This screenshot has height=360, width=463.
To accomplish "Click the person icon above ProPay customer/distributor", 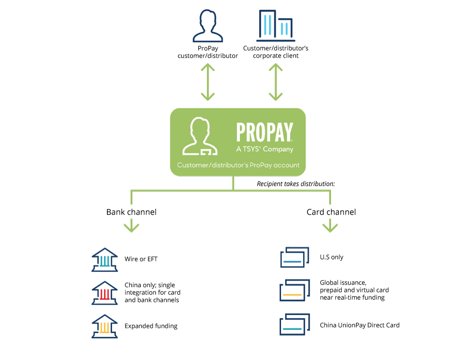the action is point(207,26).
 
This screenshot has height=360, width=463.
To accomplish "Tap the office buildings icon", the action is point(276,26).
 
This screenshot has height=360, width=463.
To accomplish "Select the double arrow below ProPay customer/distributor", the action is point(208,82).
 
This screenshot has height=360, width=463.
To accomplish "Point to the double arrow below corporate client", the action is point(276,82).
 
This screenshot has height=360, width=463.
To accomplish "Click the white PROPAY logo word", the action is point(264,132).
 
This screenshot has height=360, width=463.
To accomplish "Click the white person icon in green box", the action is point(200,136).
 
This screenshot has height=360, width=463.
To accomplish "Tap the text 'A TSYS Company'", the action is point(264,149).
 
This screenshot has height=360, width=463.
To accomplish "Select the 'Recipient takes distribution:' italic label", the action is point(296,184).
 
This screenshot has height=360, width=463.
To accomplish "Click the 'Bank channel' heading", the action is point(131,212).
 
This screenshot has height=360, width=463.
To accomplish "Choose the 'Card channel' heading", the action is point(332,212).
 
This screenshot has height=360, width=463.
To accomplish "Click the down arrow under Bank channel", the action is point(131,227).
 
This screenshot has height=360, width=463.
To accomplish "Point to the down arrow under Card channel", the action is point(330,227).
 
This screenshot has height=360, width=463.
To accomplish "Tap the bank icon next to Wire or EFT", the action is point(105,260).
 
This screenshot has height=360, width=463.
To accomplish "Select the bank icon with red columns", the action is point(105,293).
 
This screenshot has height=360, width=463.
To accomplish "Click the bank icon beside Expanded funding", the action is point(105,326).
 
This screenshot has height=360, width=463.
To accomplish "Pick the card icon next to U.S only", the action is point(294,257).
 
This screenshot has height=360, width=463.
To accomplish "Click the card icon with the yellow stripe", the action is point(294,290).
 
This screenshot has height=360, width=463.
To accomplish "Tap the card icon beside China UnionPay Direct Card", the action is point(294,324).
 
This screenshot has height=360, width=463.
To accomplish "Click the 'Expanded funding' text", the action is point(151,326).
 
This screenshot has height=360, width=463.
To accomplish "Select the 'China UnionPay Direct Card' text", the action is point(360,325).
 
